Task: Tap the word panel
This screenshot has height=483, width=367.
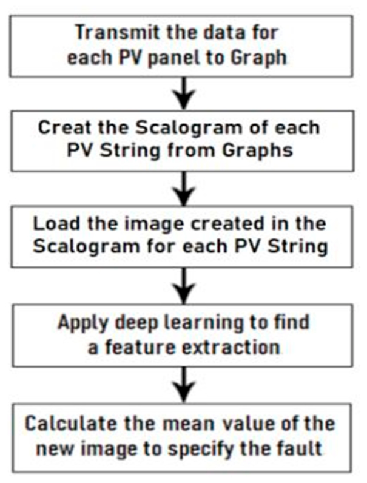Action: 174,58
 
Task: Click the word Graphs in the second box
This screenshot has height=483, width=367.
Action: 257,151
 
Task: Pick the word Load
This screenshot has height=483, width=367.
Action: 56,223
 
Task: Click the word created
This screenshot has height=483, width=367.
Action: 227,223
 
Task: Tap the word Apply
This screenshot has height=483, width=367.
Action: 83,323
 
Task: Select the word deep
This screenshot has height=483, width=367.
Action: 137,323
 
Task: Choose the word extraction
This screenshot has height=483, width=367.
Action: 231,348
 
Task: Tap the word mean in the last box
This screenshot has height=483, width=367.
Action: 189,424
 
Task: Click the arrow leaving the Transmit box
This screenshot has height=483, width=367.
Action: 184,93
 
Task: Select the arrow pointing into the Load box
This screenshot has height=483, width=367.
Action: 184,189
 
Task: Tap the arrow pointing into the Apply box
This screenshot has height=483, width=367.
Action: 184,286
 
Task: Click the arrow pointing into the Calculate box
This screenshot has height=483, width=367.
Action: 184,385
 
